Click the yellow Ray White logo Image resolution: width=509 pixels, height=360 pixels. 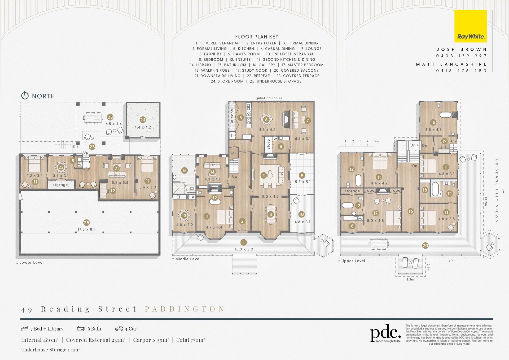[x=471, y=26]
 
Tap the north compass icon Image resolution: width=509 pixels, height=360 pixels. [x=25, y=96]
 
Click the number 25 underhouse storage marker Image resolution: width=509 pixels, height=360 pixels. [x=86, y=223]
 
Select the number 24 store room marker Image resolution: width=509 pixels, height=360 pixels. [x=143, y=120]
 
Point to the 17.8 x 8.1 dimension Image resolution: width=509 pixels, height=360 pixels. [x=86, y=229]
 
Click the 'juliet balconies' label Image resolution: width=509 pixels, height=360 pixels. [x=269, y=98]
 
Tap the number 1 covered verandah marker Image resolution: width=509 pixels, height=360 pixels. [x=243, y=242]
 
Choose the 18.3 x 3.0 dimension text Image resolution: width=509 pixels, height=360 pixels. [x=244, y=249]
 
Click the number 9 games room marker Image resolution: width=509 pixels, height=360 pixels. [x=302, y=175]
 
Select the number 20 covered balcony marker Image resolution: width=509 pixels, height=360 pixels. [x=425, y=246]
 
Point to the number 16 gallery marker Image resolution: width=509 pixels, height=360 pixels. [x=411, y=211]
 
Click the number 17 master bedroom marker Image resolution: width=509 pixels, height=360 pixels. [x=375, y=213]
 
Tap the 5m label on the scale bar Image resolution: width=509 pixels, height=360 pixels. [x=376, y=141]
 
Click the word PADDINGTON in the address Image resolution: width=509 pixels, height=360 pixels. [x=185, y=309]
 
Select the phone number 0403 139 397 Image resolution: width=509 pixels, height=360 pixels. [x=462, y=56]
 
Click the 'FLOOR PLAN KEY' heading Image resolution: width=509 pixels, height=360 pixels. [x=257, y=37]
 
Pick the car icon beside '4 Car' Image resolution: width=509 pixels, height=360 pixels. [x=119, y=329]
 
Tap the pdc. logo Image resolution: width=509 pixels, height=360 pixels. [x=385, y=333]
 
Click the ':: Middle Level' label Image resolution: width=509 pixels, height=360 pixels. [x=186, y=259]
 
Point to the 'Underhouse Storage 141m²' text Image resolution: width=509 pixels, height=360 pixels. [x=50, y=350]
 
